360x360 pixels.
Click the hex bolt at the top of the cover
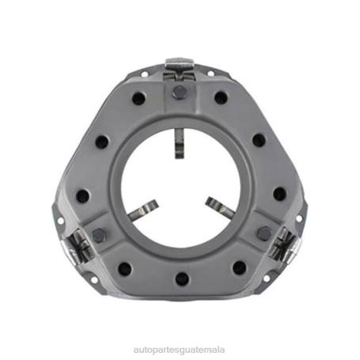pyautogui.click(x=180, y=93)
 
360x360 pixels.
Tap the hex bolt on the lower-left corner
pyautogui.click(x=100, y=235)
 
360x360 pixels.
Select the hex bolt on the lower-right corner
pyautogui.click(x=263, y=233)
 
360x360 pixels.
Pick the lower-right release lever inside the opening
pyautogui.click(x=221, y=207)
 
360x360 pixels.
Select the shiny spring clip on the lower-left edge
pyautogui.click(x=79, y=247)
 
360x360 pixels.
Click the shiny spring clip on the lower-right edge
pyautogui.click(x=282, y=245)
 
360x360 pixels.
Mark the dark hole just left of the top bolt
pyautogui.click(x=139, y=99)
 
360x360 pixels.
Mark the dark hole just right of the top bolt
pyautogui.click(x=222, y=98)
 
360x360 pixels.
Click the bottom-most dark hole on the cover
pyautogui.click(x=181, y=279)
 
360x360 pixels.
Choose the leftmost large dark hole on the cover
pyautogui.click(x=82, y=195)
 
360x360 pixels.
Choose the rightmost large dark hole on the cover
pyautogui.click(x=279, y=194)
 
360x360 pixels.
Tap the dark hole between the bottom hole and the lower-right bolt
pyautogui.click(x=239, y=267)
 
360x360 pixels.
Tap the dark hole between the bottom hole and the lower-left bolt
pyautogui.click(x=124, y=268)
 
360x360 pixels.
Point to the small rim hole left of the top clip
pyautogui.click(x=145, y=75)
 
